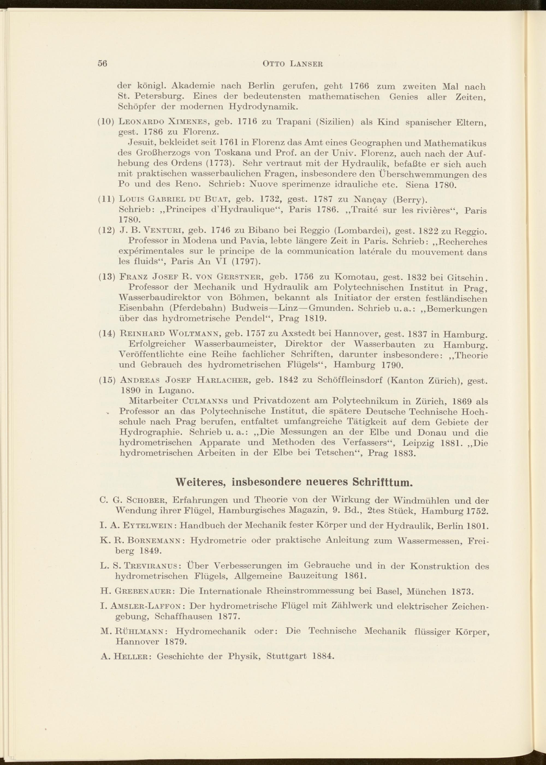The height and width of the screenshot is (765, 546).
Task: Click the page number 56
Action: pos(102,64)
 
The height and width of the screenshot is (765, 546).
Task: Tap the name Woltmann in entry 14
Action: pos(194,334)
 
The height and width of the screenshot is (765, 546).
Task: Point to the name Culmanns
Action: pos(201,401)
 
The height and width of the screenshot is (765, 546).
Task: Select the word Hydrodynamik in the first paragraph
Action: pos(263,107)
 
